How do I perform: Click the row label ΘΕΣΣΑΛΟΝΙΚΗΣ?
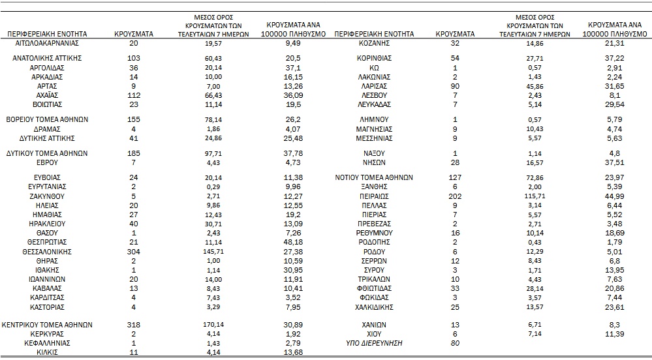pos(47,252)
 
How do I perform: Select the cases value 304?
pos(134,252)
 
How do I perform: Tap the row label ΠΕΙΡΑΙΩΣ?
pos(374,196)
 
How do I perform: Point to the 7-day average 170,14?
pos(213,325)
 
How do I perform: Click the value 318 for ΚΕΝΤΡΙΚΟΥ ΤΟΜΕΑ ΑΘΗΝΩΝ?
pos(134,325)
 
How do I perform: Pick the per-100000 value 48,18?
pos(293,242)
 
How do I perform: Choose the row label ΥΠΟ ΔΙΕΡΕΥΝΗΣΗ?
pos(374,344)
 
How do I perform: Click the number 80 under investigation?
pos(456,344)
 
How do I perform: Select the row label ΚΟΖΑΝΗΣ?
pos(374,43)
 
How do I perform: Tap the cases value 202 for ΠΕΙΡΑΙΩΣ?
pos(456,196)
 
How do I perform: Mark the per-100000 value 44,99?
pos(614,196)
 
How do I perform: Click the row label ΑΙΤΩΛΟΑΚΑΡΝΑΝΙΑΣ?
pos(47,43)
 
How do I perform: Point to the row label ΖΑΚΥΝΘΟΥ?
pos(47,196)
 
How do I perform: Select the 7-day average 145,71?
pos(213,252)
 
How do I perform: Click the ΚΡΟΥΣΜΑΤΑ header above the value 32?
pos(455,34)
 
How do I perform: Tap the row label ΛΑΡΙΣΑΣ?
pos(374,86)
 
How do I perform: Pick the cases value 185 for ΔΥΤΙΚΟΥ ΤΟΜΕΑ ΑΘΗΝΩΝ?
pos(134,153)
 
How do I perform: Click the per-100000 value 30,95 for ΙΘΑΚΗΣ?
pos(293,270)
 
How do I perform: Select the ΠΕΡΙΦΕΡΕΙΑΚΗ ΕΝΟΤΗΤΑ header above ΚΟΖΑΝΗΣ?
pos(374,34)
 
